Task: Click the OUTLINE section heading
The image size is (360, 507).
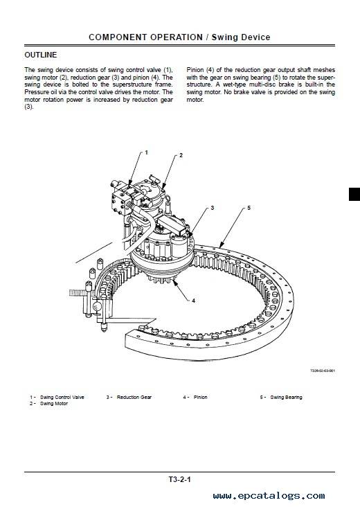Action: (x=41, y=55)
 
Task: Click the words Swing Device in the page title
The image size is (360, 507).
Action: (x=241, y=37)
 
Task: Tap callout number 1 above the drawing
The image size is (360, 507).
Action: (x=146, y=152)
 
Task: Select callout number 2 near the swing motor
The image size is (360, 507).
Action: (x=181, y=155)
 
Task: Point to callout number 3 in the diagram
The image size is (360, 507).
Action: (x=213, y=208)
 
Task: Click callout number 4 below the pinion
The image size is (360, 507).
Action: (x=193, y=301)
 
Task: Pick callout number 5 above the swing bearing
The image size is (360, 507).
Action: (x=249, y=208)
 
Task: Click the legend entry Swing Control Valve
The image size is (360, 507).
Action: (x=62, y=397)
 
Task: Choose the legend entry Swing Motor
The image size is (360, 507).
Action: (x=54, y=404)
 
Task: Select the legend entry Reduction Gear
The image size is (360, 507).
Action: (x=134, y=397)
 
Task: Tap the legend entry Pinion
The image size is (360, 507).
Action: (x=200, y=397)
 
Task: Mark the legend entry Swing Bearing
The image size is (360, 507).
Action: (x=286, y=397)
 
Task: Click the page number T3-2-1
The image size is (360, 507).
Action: (x=180, y=479)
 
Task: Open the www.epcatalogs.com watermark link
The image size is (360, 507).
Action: (x=269, y=496)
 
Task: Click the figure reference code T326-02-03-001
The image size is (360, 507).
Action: (x=323, y=371)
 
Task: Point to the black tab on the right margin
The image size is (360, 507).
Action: (x=354, y=194)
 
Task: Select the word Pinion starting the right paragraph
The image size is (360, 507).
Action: (x=195, y=70)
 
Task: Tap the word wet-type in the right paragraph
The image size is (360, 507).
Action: (x=235, y=84)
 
